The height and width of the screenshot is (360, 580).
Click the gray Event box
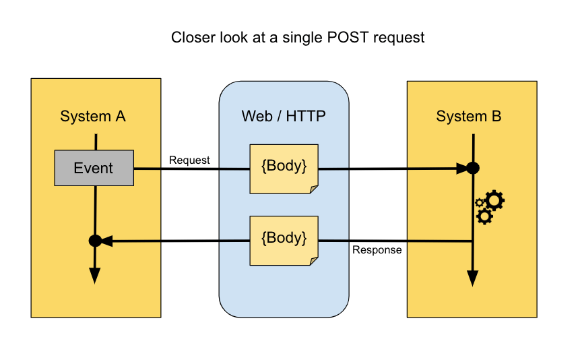(x=94, y=168)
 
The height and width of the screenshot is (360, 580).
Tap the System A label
(x=93, y=116)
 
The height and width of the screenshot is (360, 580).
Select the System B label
(x=469, y=116)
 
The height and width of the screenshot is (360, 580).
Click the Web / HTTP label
(x=284, y=116)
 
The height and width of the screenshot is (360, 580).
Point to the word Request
(x=189, y=160)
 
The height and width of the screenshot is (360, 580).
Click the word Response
(x=377, y=250)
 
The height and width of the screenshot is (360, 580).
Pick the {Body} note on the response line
(x=284, y=240)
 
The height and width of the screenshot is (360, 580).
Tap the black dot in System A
(x=95, y=241)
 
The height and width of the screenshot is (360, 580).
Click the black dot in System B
(x=473, y=169)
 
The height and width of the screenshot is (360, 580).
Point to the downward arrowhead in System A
(x=95, y=275)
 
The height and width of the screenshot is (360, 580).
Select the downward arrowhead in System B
(x=473, y=278)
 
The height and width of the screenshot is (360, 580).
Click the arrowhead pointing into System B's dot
(x=460, y=169)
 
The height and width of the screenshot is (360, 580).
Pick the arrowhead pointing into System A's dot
(x=107, y=241)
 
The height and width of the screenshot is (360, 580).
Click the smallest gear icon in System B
(x=480, y=202)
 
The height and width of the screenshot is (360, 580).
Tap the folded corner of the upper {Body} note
(x=313, y=189)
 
